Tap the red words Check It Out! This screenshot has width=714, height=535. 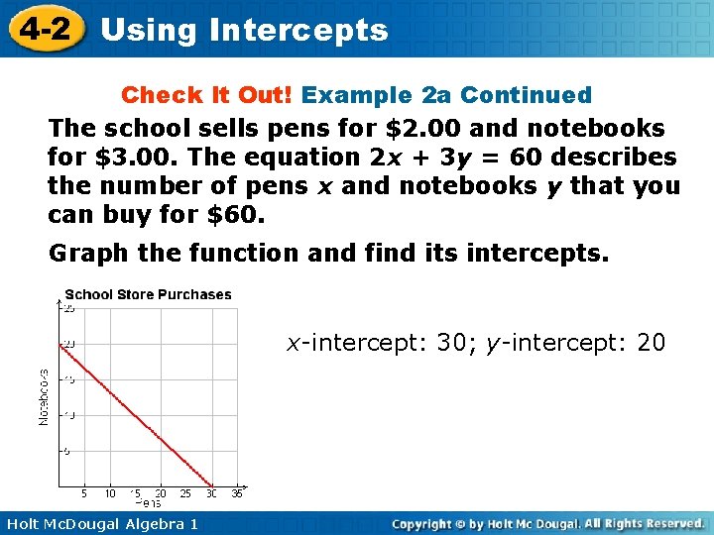click(206, 95)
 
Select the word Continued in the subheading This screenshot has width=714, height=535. click(526, 95)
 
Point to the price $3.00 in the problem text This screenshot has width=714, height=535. click(120, 157)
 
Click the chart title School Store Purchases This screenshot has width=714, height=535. click(148, 294)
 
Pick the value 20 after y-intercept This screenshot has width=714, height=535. click(652, 343)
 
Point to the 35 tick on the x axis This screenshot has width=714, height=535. click(236, 493)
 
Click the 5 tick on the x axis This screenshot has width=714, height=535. click(84, 493)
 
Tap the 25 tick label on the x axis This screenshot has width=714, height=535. click(185, 493)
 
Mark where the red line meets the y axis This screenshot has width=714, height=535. click(59, 345)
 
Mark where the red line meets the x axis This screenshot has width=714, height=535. click(211, 485)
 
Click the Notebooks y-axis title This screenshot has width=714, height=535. click(43, 397)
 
